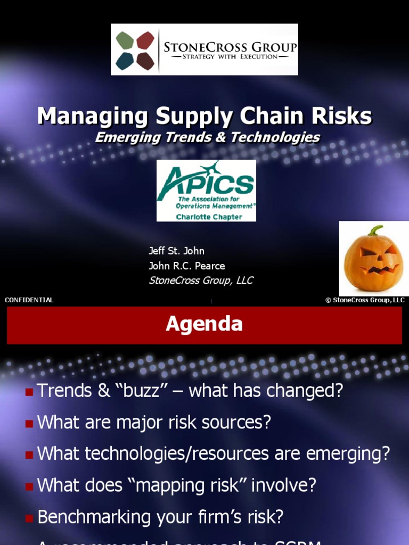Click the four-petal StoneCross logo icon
click(x=135, y=50)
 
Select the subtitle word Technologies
click(x=275, y=137)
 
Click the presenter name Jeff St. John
click(x=176, y=251)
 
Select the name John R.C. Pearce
click(x=186, y=266)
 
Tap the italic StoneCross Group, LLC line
click(x=201, y=280)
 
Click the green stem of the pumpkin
click(x=376, y=230)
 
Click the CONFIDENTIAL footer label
click(x=29, y=300)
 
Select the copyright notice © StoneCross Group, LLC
click(x=365, y=300)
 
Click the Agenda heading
click(x=204, y=324)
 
